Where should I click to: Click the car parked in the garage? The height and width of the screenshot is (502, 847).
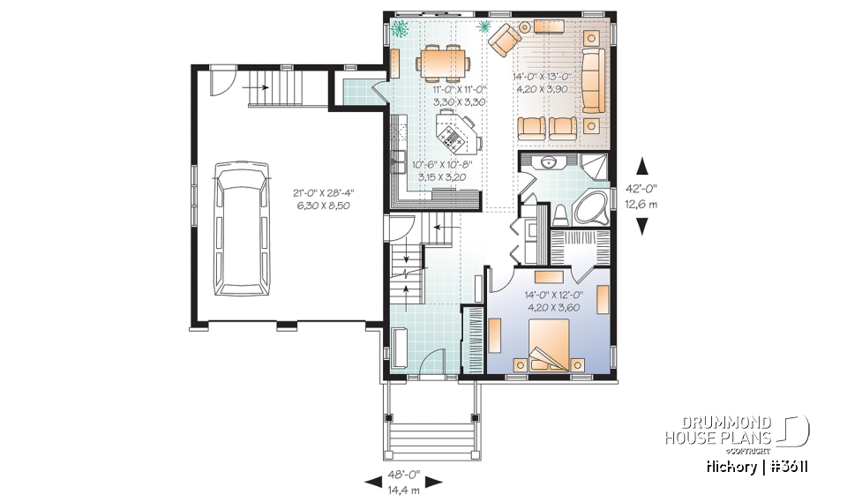click(242, 228)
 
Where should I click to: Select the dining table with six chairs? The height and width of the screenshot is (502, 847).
click(440, 62)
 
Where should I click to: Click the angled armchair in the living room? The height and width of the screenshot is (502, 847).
click(506, 40)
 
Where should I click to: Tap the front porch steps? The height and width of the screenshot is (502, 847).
click(431, 436)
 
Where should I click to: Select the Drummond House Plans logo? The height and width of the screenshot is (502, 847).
click(738, 430)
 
